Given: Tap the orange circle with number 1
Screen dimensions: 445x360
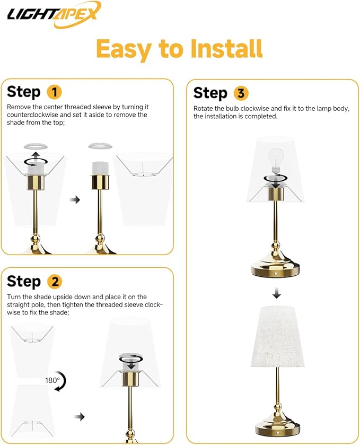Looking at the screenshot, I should click(54, 92).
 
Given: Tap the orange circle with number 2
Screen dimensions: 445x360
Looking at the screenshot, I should click(54, 281).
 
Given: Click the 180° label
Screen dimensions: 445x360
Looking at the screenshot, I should click(52, 380).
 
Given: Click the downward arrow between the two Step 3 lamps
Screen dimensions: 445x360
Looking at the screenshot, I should click(276, 293).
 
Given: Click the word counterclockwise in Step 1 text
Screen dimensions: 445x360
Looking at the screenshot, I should click(33, 115).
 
